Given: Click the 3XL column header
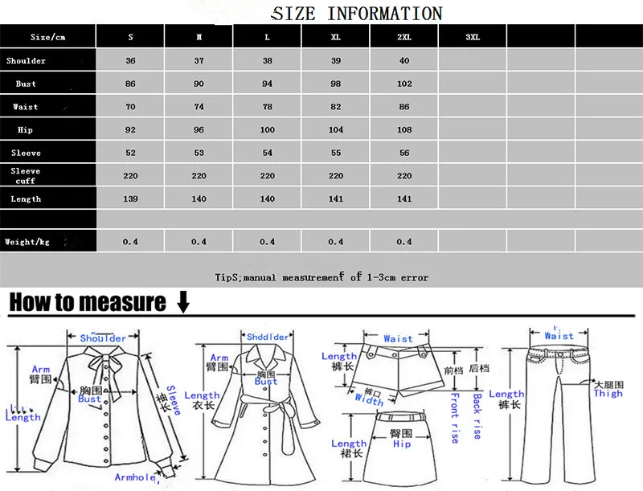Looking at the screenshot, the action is coord(473,37).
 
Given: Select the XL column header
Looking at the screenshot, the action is coord(336,37).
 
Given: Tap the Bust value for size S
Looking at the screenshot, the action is coord(131,84).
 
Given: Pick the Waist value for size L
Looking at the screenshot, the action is coord(268,107).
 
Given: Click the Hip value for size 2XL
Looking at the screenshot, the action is coord(404,130).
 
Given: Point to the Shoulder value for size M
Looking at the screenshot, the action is coord(199,61).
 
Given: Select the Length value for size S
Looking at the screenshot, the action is coord(131,198).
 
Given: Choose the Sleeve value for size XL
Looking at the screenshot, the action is coord(336,153).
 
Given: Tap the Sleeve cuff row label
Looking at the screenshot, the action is coord(26,176).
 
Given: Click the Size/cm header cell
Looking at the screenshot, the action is coord(47,37).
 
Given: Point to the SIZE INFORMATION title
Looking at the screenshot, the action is coord(357,14).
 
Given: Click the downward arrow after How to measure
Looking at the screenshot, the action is coord(182,302).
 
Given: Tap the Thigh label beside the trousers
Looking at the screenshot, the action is coord(608,393).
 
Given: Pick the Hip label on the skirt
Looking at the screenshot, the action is coord(402,444).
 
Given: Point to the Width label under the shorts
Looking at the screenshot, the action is coord(369,399).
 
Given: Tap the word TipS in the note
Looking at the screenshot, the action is coord(227,277).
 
